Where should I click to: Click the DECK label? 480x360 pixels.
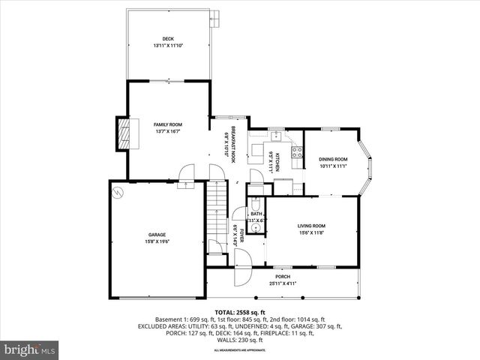tap(168, 39)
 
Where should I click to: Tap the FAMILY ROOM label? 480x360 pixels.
tap(168, 124)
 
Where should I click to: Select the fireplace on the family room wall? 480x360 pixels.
tap(124, 133)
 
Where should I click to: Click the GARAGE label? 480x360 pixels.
tap(156, 235)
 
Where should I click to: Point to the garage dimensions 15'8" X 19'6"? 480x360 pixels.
tap(156, 241)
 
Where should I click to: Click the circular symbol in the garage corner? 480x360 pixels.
tap(117, 192)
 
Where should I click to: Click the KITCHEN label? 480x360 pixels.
tap(277, 159)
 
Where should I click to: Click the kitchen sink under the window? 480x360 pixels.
tap(276, 136)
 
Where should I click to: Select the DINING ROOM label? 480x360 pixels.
tap(333, 159)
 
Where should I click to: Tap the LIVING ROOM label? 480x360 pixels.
tap(311, 226)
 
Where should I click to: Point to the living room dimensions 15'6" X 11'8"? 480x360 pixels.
tap(311, 232)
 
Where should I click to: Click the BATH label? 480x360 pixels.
tap(256, 214)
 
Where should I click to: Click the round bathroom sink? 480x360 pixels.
tap(256, 224)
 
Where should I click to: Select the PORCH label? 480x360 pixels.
tap(283, 277)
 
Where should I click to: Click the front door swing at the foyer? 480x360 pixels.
tap(241, 274)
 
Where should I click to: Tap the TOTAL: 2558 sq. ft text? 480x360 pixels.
tap(240, 312)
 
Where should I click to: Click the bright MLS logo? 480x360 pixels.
tap(30, 349)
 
